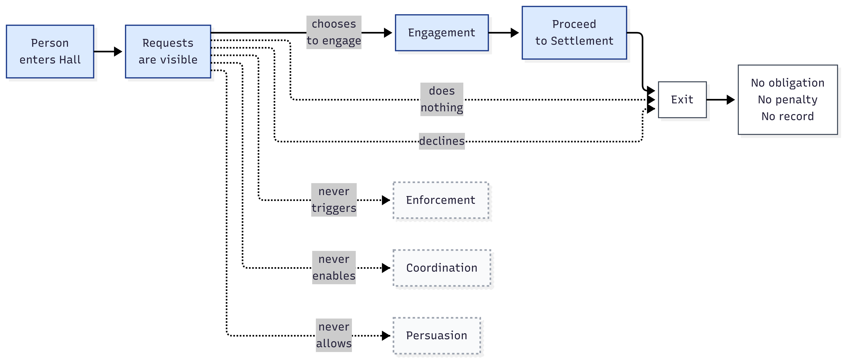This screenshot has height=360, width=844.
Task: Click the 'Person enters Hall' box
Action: click(50, 51)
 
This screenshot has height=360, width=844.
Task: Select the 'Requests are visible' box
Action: click(168, 51)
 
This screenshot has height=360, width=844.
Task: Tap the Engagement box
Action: click(441, 33)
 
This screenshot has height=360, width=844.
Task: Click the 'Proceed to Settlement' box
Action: click(574, 33)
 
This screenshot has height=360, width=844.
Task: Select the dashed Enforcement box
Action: click(441, 200)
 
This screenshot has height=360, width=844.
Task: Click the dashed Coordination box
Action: click(442, 268)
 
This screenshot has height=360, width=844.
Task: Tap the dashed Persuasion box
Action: click(436, 335)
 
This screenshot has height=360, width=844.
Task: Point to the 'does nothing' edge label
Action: click(442, 99)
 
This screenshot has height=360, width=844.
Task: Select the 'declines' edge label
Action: click(442, 141)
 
